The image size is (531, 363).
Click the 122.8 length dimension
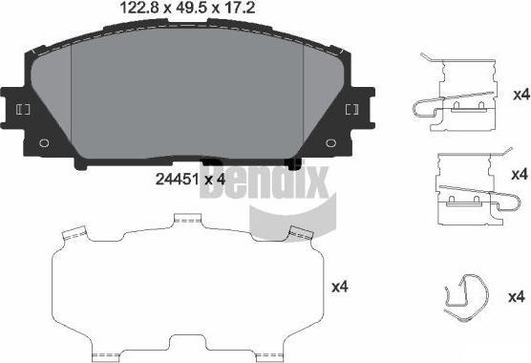point(139,9)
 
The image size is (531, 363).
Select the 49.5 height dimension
point(191,9)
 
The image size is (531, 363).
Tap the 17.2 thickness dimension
point(238,9)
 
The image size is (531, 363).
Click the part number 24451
point(177,180)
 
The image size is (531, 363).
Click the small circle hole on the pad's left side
point(44,143)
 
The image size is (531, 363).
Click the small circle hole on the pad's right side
point(330,143)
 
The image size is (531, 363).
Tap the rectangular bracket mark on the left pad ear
point(23,109)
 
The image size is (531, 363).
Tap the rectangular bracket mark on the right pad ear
point(351,109)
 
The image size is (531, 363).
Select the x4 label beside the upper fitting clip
point(520,95)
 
